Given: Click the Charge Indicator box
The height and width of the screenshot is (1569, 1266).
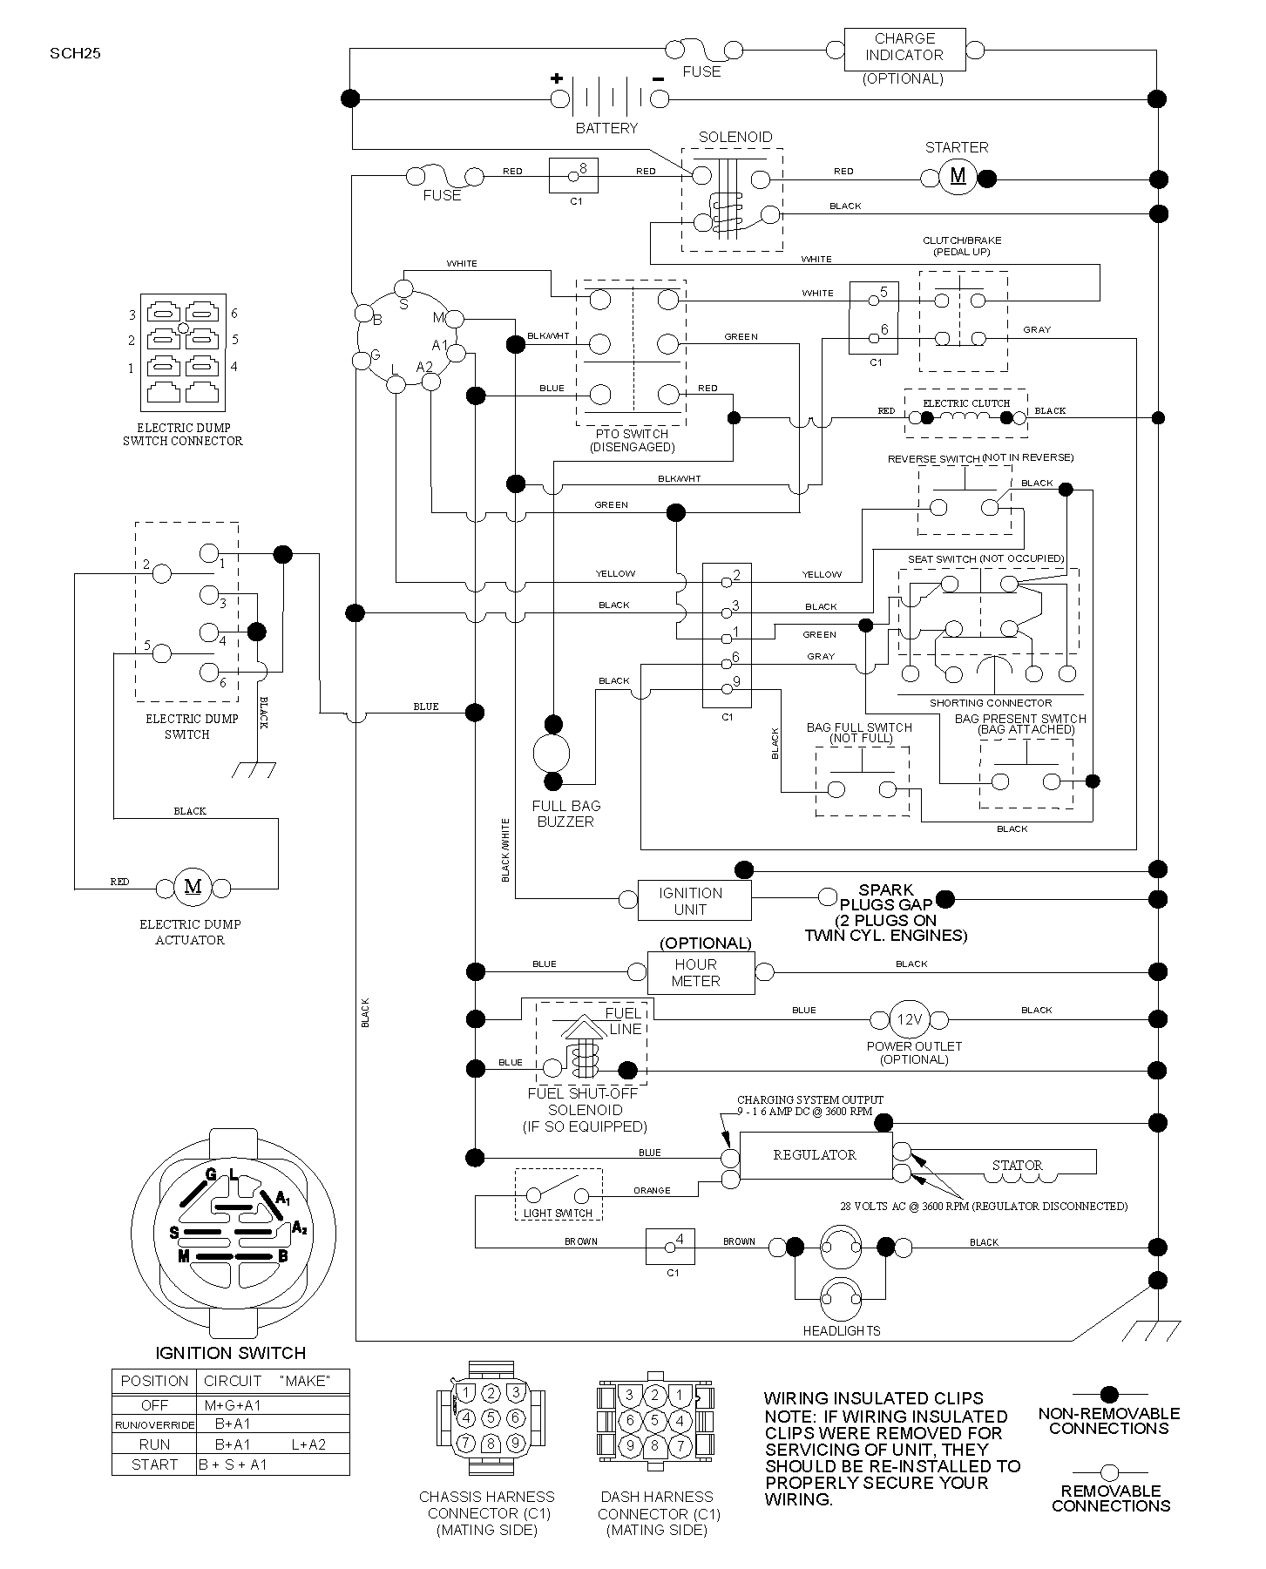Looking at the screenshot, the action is (x=904, y=50).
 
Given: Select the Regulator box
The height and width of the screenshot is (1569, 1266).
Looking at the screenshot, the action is (x=816, y=1155).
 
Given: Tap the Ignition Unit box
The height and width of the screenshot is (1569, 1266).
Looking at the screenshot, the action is (x=694, y=900).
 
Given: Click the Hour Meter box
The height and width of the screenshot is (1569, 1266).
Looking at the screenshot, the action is (x=701, y=972).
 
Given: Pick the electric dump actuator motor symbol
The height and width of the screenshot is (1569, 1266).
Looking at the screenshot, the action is (x=193, y=888).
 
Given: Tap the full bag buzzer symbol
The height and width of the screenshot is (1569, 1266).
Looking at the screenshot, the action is (x=552, y=752).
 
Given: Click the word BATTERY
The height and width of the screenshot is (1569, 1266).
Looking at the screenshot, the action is (x=606, y=128).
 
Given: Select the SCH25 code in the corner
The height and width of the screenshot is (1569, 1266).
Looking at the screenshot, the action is (x=75, y=53).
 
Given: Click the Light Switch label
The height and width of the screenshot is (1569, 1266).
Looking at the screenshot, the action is (x=558, y=1213).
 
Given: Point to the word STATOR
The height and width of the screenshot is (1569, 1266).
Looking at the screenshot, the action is (x=1017, y=1165).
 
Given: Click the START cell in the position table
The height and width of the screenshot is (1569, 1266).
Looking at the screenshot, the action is (x=154, y=1464).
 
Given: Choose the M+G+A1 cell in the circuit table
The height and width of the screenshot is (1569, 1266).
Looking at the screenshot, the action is (x=233, y=1405).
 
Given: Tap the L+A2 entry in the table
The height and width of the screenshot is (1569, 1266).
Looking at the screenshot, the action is (x=308, y=1444).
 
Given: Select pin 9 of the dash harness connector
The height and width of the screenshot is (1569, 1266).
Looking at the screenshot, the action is (x=630, y=1445).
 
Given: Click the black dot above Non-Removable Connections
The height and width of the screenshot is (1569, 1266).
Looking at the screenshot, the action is (x=1109, y=1395).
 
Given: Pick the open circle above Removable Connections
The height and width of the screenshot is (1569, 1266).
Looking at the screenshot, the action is (x=1109, y=1472).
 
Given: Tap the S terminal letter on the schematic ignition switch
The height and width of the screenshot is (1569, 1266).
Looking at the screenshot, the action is (x=403, y=304).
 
